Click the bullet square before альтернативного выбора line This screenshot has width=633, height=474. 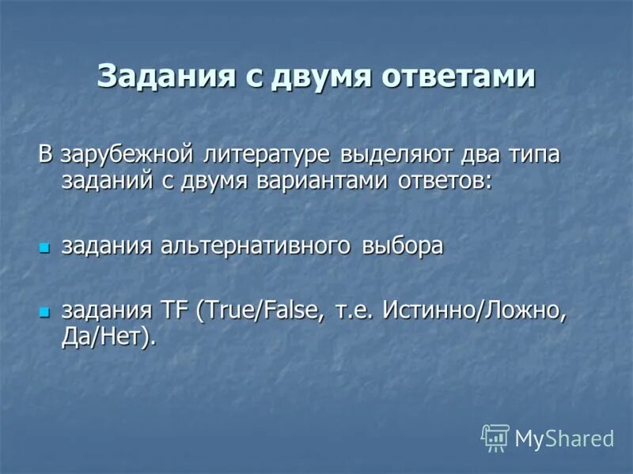44,247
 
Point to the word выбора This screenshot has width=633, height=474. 403,246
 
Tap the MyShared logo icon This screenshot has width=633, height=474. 495,437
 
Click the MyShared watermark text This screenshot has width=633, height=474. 564,438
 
